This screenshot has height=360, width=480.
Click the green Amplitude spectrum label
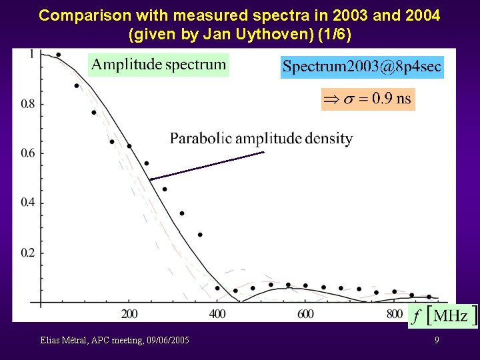coord(159,65)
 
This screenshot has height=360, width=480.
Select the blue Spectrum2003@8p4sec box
coord(361,67)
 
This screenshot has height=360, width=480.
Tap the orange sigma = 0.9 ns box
coord(368,99)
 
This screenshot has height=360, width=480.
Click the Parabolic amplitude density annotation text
coord(261,139)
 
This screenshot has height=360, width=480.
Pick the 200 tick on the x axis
coord(129,314)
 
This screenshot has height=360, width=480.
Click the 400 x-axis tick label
coord(217,314)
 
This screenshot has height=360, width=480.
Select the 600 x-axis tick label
coord(305,314)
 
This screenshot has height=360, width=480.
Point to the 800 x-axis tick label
coord(394,314)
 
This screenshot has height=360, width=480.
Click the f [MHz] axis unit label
coord(443,316)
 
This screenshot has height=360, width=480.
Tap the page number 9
coord(437,341)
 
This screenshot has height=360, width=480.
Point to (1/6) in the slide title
coord(333,31)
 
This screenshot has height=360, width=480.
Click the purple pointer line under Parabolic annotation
coord(207,166)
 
